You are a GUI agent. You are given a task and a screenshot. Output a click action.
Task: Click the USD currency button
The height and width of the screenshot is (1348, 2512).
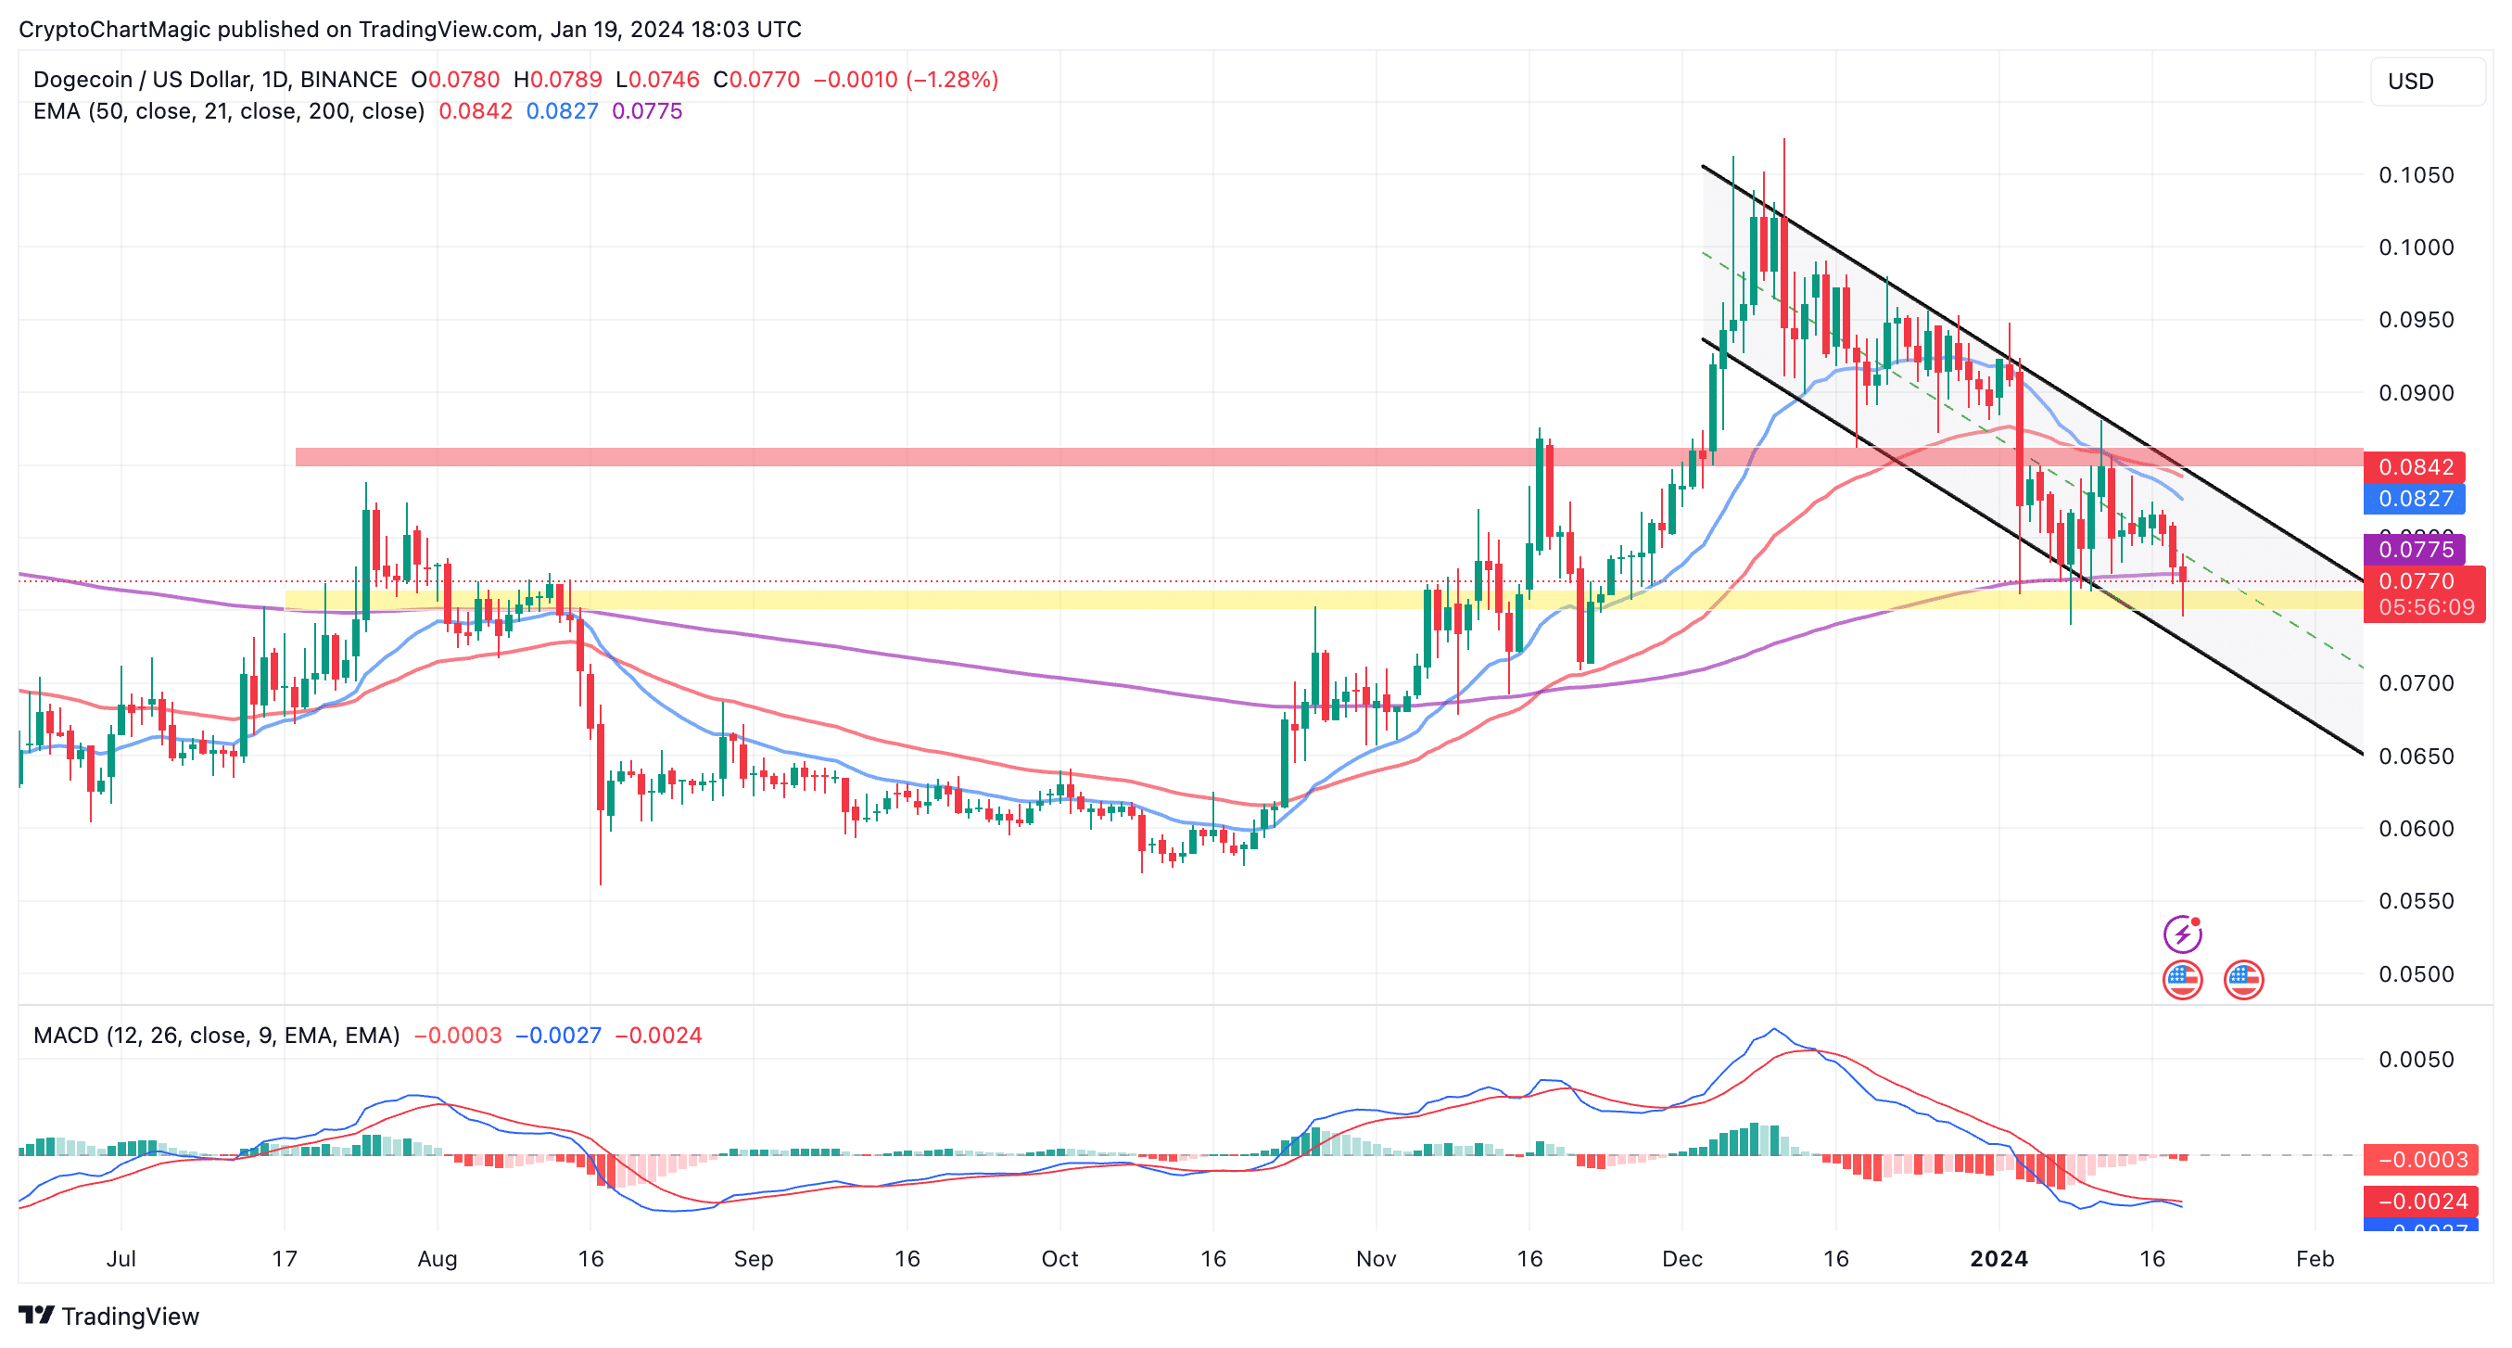[x=2425, y=81]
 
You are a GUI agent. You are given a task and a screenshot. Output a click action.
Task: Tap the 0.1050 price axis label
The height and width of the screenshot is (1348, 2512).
[x=2416, y=174]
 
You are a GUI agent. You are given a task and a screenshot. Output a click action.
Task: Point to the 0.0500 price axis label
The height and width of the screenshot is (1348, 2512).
[x=2416, y=973]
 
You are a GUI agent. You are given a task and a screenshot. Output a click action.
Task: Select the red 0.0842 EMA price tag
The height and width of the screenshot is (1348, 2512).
[x=2414, y=466]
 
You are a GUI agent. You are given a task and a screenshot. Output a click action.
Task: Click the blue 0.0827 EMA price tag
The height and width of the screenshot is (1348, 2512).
[x=2414, y=499]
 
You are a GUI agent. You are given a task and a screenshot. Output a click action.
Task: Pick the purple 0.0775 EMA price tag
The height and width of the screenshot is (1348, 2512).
[x=2414, y=549]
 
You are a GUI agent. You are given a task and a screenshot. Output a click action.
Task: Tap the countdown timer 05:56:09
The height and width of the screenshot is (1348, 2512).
[x=2425, y=607]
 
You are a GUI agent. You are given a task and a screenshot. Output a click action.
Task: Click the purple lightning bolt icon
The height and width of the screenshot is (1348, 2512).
[x=2182, y=934]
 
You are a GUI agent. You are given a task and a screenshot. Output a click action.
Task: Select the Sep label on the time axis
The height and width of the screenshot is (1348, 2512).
[x=753, y=1258]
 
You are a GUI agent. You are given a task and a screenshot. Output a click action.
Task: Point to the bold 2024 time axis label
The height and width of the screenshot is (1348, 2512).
[x=1998, y=1258]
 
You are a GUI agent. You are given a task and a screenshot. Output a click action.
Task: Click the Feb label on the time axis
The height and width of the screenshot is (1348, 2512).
[x=2314, y=1258]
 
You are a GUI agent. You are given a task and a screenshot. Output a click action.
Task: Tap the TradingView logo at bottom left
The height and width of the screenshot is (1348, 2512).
[x=108, y=1316]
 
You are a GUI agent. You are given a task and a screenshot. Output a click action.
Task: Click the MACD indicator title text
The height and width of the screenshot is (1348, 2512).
[x=215, y=1035]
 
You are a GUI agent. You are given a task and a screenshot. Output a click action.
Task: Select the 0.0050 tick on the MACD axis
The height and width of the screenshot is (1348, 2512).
[x=2416, y=1060]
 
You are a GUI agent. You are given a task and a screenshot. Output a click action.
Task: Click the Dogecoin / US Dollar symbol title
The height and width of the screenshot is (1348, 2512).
[x=214, y=79]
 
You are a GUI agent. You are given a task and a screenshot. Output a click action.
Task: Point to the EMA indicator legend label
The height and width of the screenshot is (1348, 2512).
[x=228, y=111]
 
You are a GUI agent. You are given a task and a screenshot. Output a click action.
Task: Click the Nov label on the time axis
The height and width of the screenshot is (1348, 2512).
[x=1375, y=1258]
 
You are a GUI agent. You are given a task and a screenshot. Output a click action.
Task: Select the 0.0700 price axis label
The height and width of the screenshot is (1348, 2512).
[x=2416, y=682]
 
